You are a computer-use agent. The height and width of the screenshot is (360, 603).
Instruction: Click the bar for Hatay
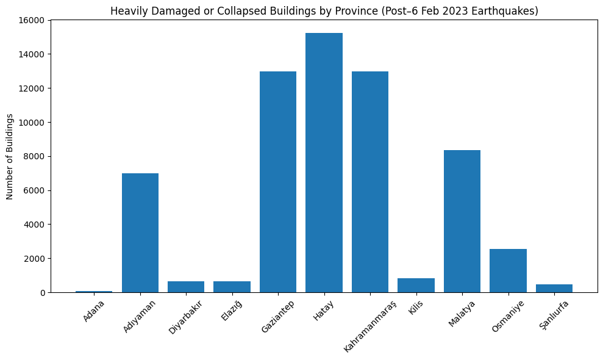click(x=324, y=163)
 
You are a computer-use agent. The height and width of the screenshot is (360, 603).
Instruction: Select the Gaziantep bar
click(x=278, y=182)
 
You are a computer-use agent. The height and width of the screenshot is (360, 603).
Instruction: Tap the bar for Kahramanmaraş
click(x=370, y=182)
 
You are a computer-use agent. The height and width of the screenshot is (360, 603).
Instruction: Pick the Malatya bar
click(x=462, y=221)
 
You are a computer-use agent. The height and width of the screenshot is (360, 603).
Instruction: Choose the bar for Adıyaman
click(x=140, y=233)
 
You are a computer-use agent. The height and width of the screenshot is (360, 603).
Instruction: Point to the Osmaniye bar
click(x=508, y=271)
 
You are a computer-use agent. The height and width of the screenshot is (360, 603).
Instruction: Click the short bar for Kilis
click(x=416, y=286)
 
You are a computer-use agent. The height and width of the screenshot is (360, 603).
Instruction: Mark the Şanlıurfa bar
click(x=554, y=289)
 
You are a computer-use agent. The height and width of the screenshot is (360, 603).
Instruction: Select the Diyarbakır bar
click(x=186, y=287)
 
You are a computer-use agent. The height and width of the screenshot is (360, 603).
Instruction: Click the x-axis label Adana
click(x=95, y=311)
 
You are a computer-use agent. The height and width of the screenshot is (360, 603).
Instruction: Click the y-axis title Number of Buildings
click(x=10, y=156)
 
